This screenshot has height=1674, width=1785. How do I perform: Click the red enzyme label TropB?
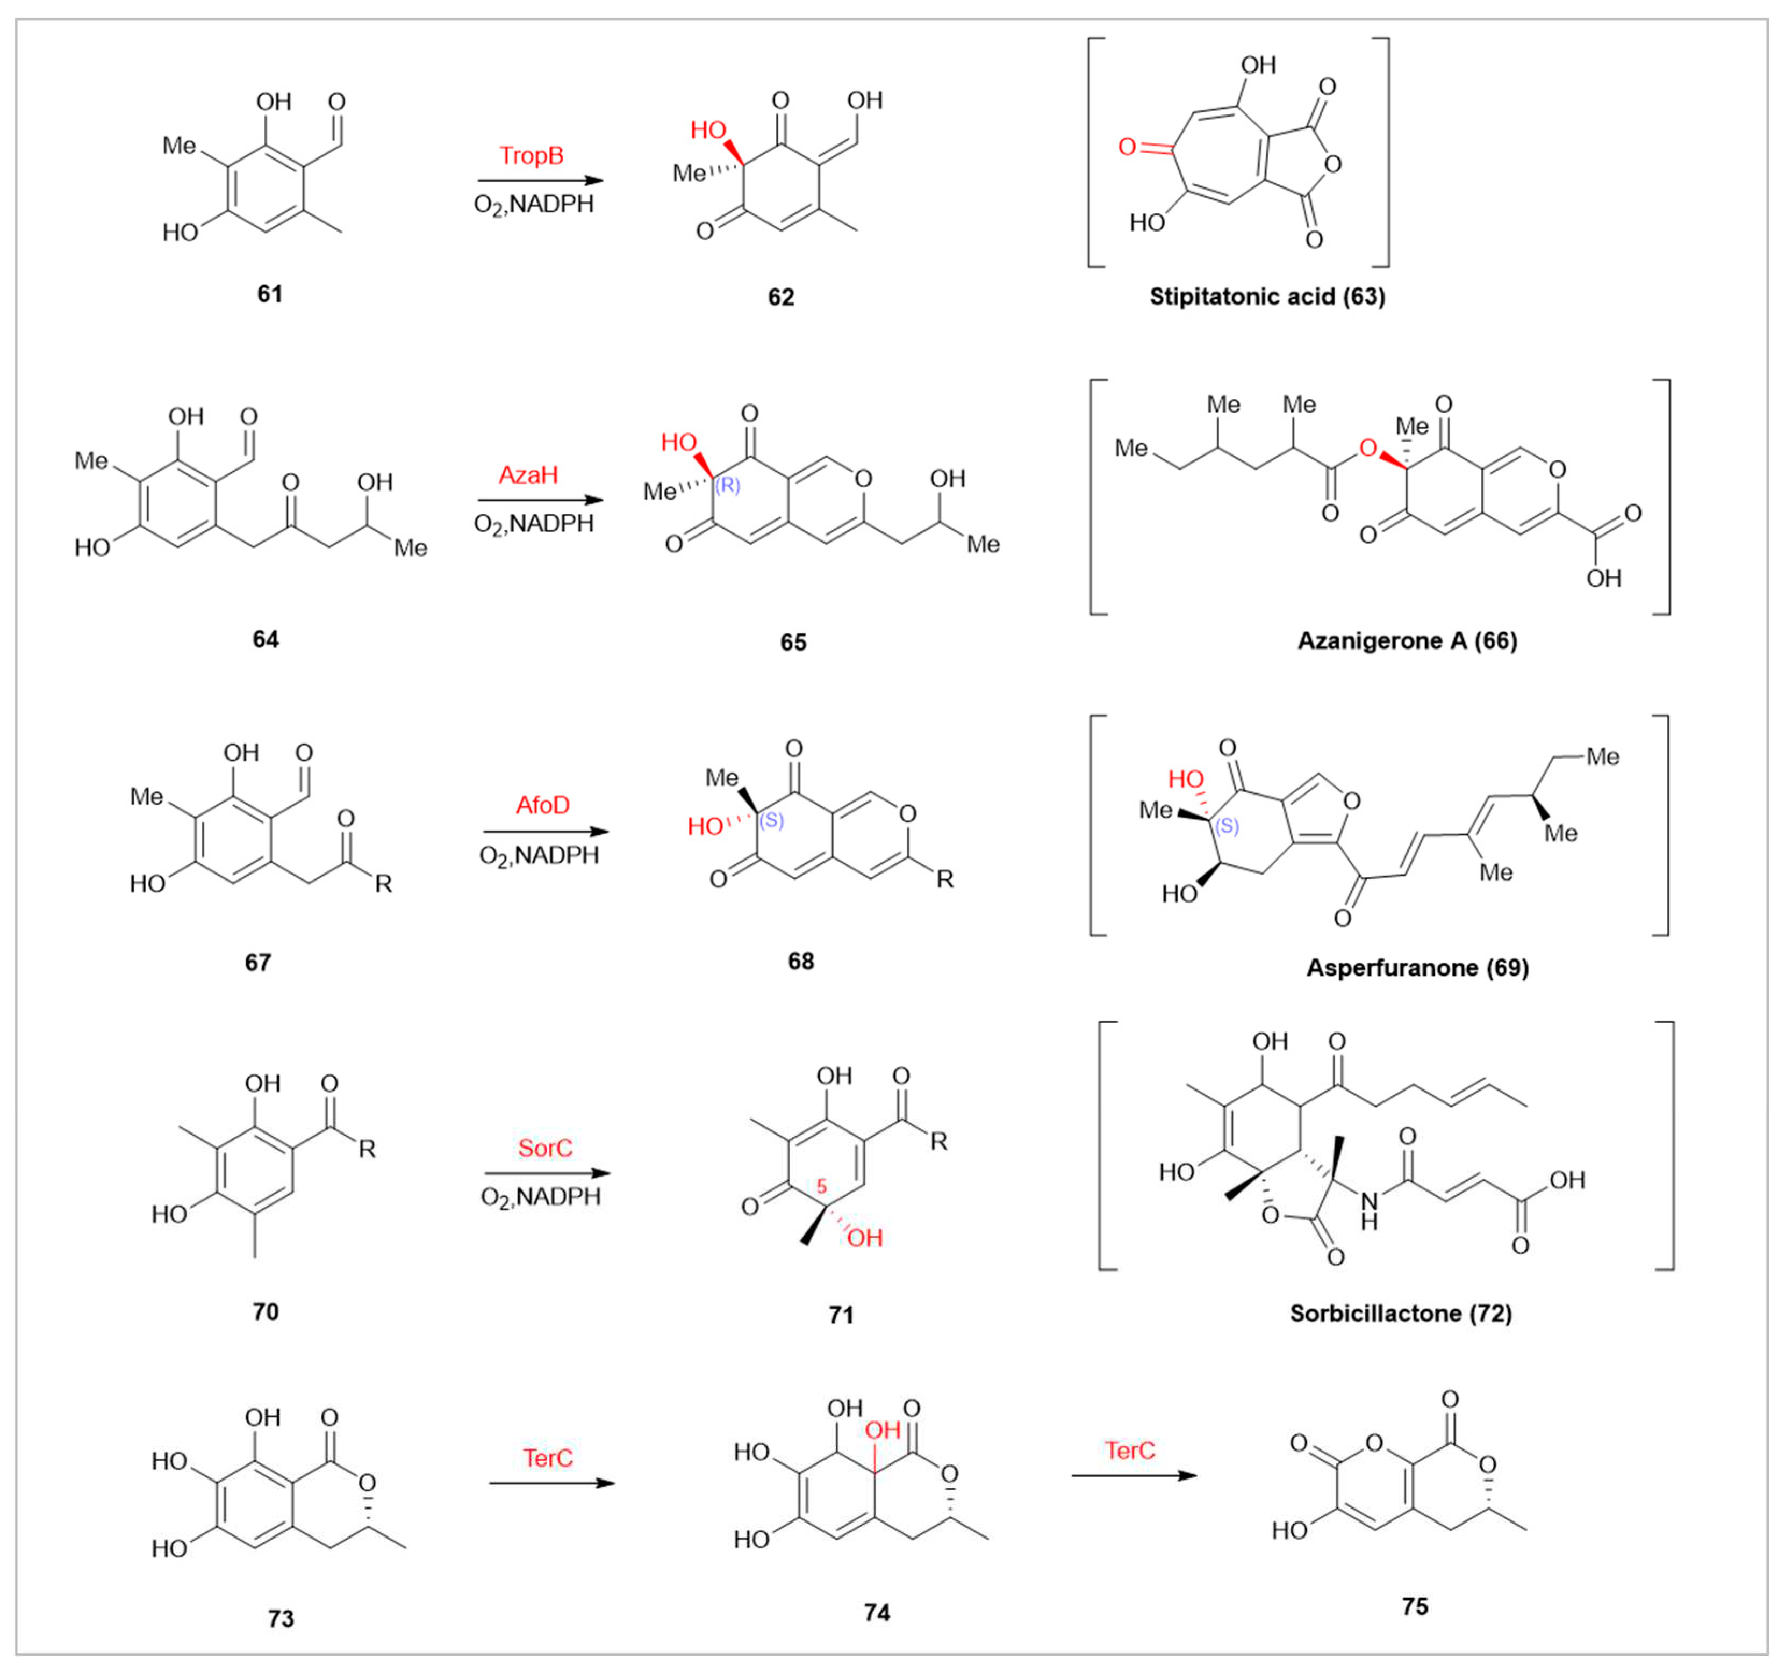point(532,156)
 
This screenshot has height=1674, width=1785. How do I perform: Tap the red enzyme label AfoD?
point(542,805)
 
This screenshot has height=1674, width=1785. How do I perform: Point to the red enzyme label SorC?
point(545,1148)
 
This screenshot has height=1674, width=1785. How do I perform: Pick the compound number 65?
point(793,642)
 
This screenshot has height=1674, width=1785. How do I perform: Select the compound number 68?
point(800,961)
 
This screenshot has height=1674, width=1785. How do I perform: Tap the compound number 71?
point(841,1315)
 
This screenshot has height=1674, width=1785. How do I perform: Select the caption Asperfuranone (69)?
point(1417,968)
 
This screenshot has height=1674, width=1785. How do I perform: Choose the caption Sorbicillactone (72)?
point(1401,1313)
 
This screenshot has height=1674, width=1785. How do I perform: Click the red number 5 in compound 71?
point(821,1187)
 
